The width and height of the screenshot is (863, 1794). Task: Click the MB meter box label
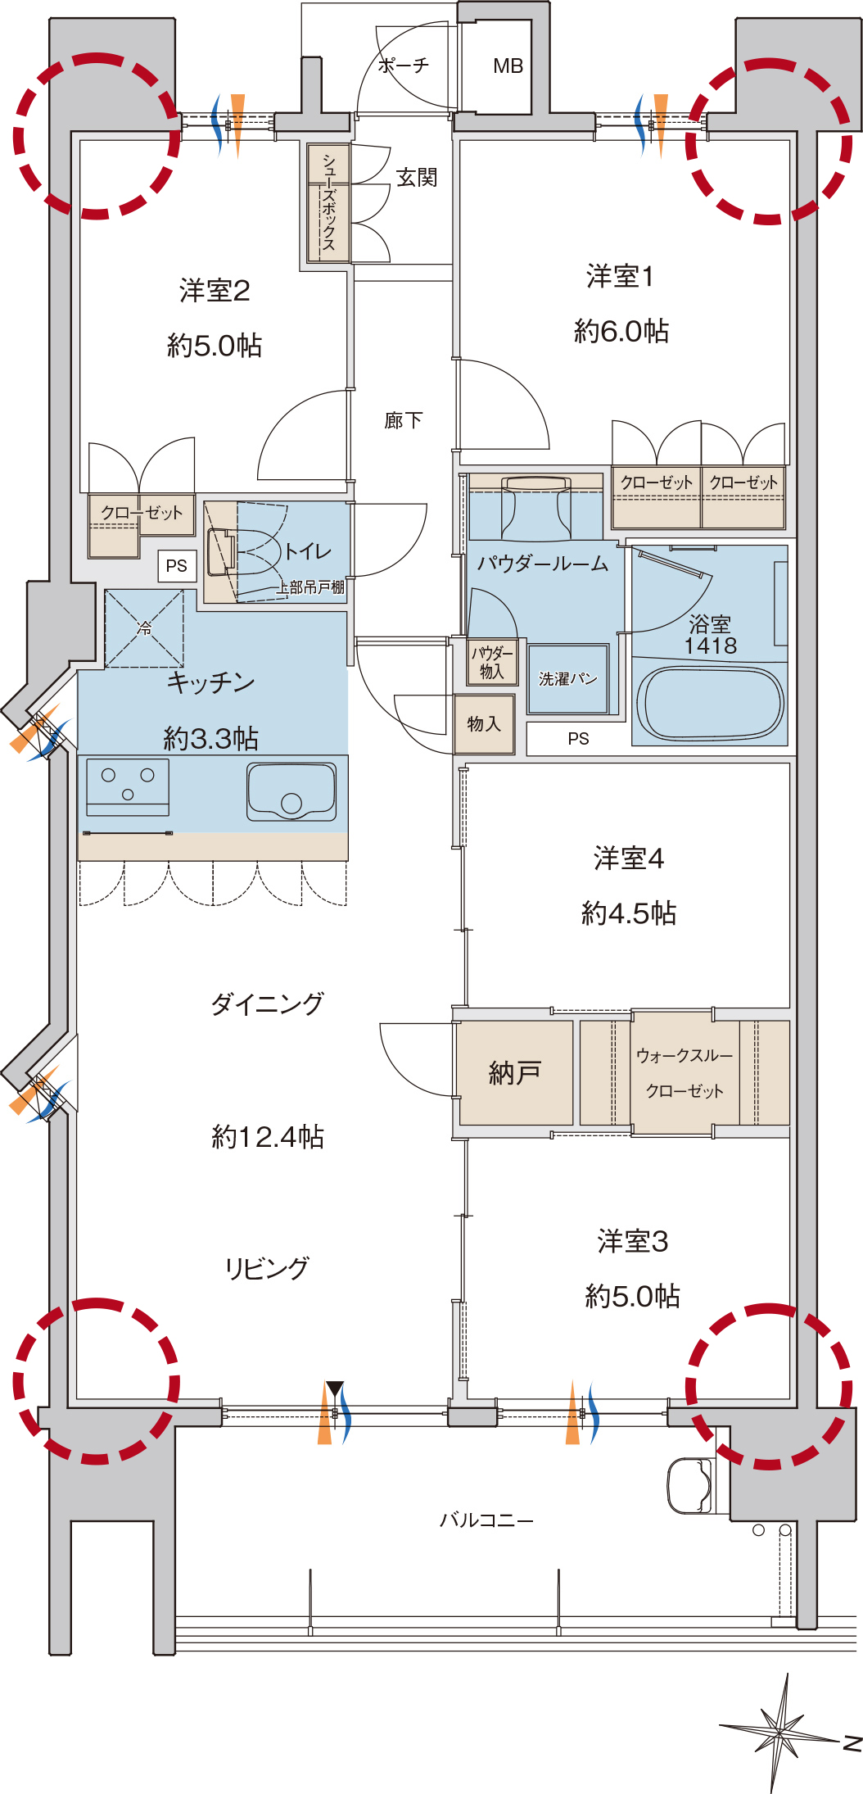(x=508, y=66)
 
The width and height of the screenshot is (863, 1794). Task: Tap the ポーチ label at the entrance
(x=404, y=65)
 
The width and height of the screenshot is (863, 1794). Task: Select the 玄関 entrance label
(x=417, y=177)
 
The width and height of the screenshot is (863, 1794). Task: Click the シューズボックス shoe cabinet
(x=328, y=203)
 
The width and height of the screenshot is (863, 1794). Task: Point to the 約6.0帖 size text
(x=621, y=331)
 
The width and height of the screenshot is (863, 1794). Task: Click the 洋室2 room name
(x=215, y=291)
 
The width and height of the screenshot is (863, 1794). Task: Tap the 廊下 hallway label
(x=403, y=420)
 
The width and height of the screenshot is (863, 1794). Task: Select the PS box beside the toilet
(x=177, y=565)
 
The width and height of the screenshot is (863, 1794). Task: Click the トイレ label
(x=307, y=551)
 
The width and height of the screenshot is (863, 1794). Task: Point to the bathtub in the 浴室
(x=709, y=704)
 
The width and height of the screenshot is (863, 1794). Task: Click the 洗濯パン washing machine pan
(x=568, y=678)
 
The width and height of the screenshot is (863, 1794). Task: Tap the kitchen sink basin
(x=291, y=791)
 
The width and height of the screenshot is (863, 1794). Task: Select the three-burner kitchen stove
(x=128, y=786)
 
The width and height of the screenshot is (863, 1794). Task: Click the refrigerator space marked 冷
(x=144, y=628)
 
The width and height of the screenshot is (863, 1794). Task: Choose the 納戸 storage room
(x=515, y=1072)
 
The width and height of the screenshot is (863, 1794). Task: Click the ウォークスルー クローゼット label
(x=685, y=1073)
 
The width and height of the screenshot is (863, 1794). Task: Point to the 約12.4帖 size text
(x=268, y=1136)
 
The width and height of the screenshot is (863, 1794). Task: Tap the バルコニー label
(x=486, y=1520)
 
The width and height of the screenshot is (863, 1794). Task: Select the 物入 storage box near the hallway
(x=484, y=724)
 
